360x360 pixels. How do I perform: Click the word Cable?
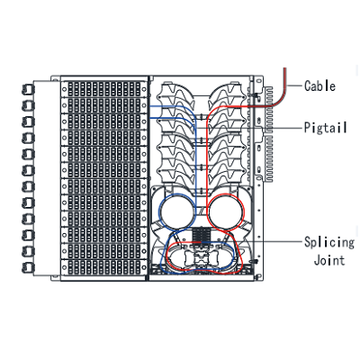pos(319,86)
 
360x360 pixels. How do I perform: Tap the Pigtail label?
pos(326,128)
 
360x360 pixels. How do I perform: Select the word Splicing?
pos(329,242)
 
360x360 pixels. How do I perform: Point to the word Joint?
pos(329,260)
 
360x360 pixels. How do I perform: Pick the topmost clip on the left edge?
pos(28,90)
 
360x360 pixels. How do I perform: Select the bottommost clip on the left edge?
pos(28,267)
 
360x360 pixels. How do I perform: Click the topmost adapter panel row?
pos(104,89)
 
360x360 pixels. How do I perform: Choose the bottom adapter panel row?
pos(104,266)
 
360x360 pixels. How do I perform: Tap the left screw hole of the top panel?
pos(65,89)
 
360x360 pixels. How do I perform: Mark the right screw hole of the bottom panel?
pos(144,266)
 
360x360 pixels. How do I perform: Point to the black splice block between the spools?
pos(202,234)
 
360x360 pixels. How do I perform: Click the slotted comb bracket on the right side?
pos(268,134)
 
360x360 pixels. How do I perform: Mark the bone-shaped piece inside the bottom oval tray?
pos(201,258)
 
